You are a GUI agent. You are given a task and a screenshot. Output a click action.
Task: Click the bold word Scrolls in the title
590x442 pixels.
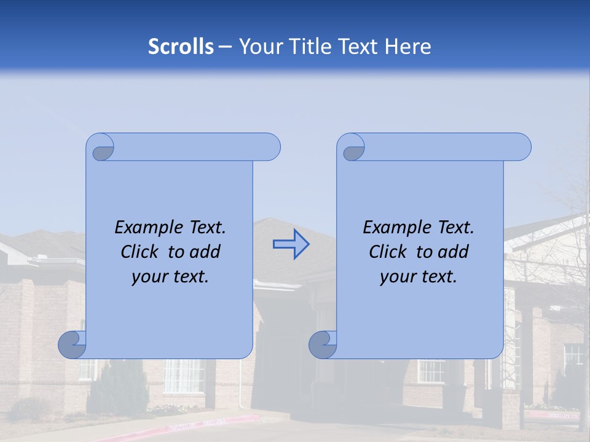[x=181, y=47]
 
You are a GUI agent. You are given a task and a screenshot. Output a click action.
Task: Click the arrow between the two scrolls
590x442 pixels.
[x=291, y=244]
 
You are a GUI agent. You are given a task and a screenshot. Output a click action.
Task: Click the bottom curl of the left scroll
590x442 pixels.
[x=72, y=344]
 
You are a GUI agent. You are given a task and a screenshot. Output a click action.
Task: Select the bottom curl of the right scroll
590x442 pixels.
[x=323, y=344]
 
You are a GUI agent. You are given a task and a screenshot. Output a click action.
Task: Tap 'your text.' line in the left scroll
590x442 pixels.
[x=170, y=277]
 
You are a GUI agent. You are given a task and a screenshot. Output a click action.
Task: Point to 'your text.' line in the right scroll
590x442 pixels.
[x=419, y=277]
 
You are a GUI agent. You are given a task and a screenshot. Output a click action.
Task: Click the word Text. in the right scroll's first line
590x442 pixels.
[x=452, y=228]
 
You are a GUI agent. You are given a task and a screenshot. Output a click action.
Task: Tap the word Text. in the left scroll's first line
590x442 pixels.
[x=203, y=228]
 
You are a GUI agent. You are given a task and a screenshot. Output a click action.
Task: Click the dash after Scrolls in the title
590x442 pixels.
[x=225, y=47]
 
